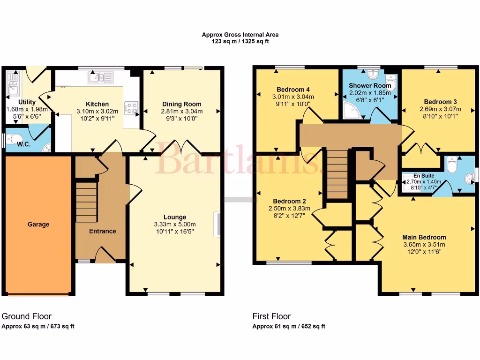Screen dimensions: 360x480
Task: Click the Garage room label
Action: pos(38,225)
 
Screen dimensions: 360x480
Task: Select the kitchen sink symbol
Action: pos(101,77)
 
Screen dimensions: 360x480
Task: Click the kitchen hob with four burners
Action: pos(131,108)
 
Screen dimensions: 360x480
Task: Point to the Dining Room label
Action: pos(182,104)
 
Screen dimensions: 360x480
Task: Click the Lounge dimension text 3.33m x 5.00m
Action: pos(175,224)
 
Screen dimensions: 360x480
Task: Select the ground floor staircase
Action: pos(86,202)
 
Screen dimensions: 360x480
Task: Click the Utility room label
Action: pos(27,102)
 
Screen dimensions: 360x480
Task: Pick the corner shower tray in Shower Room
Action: pos(348,110)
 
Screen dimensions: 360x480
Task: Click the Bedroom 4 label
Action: pos(293,90)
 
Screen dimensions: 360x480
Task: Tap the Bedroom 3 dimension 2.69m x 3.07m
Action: pos(440,109)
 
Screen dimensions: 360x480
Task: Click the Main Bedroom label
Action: pos(424,237)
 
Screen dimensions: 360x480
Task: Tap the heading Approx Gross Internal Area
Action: pos(240,34)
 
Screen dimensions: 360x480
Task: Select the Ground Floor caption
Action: pos(27,316)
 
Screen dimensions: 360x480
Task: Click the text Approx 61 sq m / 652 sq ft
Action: pos(289,327)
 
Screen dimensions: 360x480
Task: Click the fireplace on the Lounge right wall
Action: pos(218,224)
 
